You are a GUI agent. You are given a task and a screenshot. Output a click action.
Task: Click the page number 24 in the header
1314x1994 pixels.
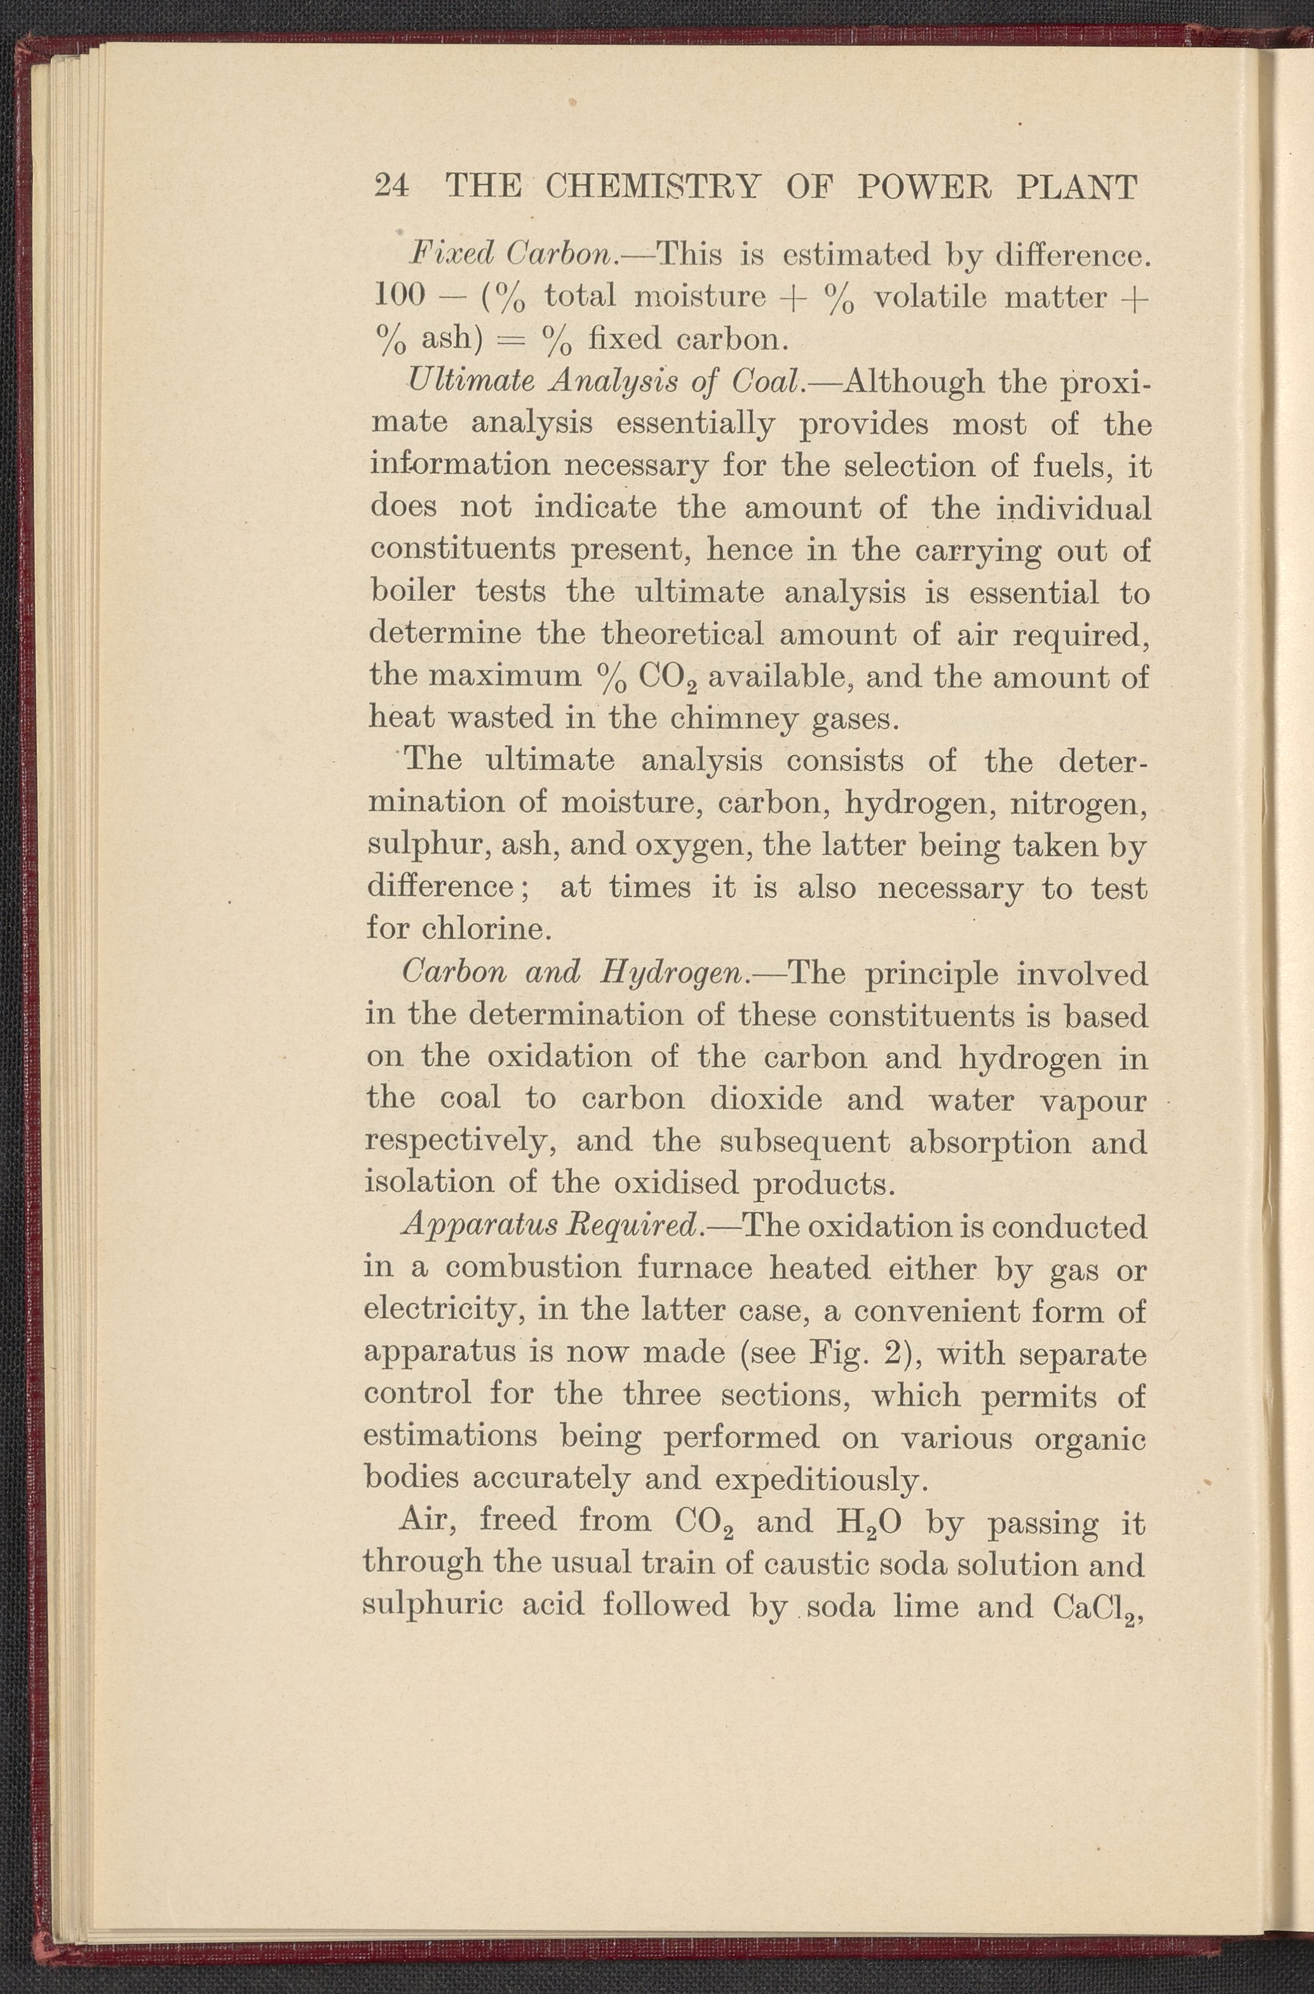point(391,186)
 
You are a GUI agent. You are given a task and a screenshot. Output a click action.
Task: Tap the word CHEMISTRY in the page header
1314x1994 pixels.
point(651,186)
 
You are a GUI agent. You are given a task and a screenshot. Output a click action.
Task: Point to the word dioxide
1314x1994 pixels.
point(766,1098)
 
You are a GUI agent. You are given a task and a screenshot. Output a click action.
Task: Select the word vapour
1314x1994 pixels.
point(1092,1100)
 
